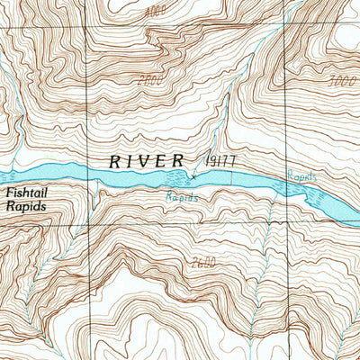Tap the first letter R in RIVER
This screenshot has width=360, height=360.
[114, 162]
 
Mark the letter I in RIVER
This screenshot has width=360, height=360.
[129, 162]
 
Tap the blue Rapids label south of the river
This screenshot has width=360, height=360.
[181, 195]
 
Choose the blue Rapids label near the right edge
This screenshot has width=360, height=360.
[302, 177]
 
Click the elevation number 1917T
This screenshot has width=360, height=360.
[220, 160]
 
